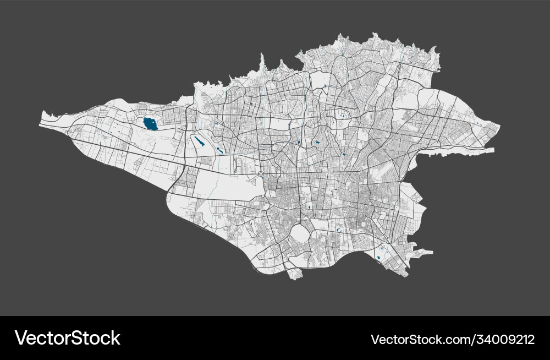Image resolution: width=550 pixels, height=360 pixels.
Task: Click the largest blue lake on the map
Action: tap(149, 124)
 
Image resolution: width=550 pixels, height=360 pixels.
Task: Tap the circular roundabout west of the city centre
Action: tap(261, 175)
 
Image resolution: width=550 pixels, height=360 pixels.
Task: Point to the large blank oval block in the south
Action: tap(300, 233)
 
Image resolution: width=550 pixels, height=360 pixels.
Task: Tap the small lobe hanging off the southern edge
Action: tap(295, 273)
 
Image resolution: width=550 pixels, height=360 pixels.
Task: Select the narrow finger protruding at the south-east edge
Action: tap(424, 253)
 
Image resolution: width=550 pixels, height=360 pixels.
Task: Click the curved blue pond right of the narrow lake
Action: tap(219, 150)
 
